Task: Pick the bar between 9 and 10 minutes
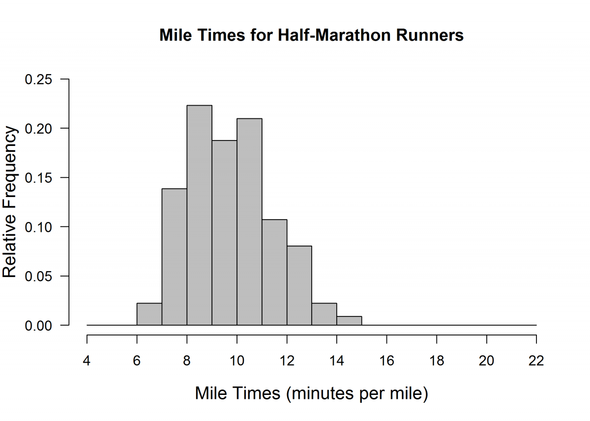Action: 224,233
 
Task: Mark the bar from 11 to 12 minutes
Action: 274,272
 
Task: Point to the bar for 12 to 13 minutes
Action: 299,285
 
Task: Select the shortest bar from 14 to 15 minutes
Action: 349,321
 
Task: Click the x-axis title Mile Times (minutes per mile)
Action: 311,393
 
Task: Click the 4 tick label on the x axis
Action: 87,361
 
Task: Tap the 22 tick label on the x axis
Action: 536,361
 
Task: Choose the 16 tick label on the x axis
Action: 386,361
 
